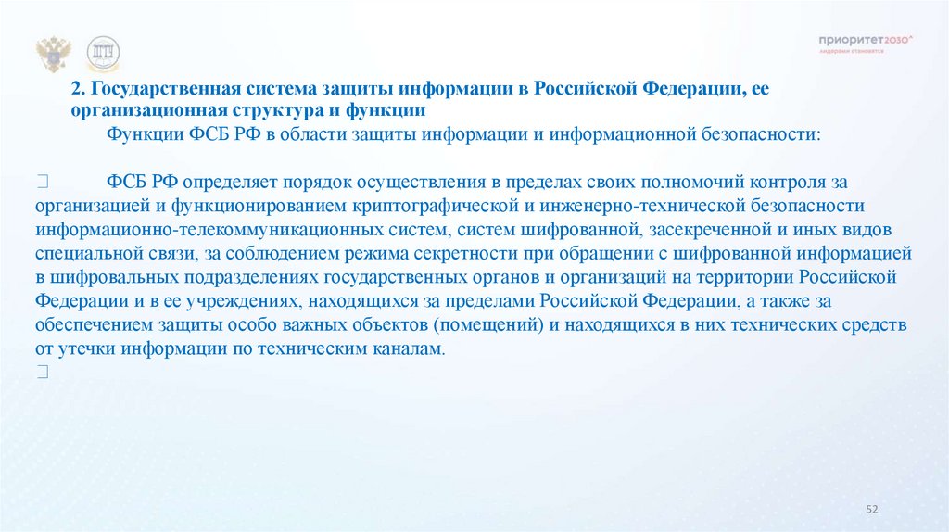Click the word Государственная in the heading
pyautogui.click(x=159, y=89)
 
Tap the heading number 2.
pyautogui.click(x=78, y=89)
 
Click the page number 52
pyautogui.click(x=871, y=508)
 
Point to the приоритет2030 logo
pyautogui.click(x=866, y=42)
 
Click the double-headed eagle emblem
pyautogui.click(x=54, y=55)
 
